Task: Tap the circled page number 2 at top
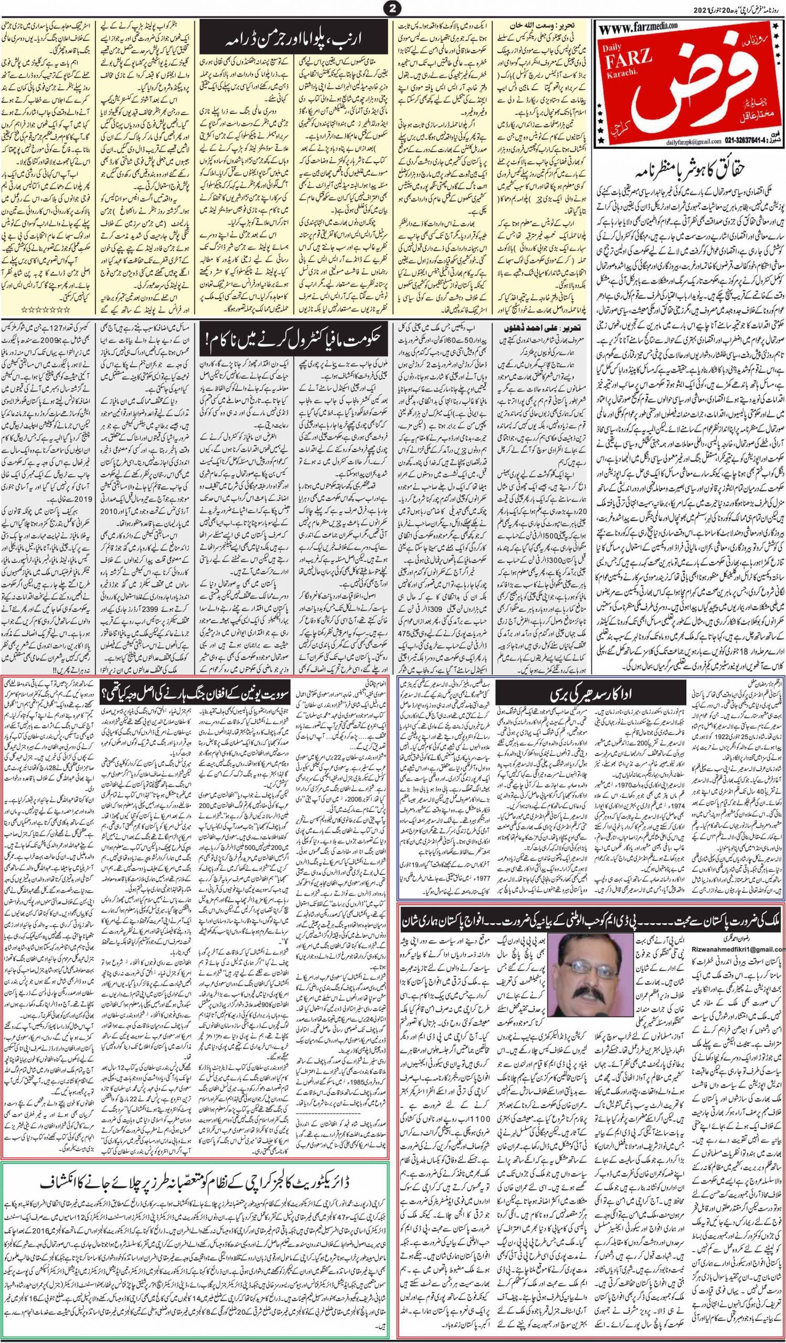(392, 8)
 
